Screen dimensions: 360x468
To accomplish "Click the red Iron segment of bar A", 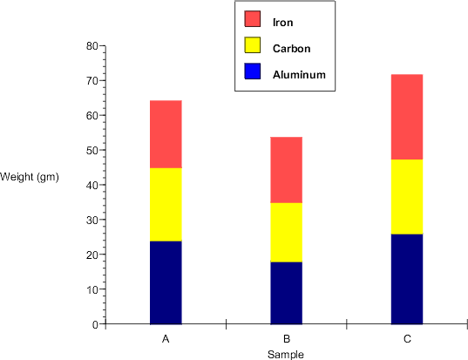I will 166,134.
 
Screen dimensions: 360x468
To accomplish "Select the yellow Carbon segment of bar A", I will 166,205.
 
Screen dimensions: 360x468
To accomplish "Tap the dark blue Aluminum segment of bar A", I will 166,282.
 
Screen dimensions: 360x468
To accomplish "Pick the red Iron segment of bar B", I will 286,170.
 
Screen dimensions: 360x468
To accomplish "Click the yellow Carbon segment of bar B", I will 286,233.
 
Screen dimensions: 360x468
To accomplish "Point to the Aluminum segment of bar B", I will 286,293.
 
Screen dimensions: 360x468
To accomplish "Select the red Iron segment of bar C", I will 406,117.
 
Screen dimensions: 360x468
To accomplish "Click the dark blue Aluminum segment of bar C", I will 406,279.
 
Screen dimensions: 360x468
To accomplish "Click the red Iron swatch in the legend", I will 253,19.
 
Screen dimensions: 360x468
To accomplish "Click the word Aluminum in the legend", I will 299,75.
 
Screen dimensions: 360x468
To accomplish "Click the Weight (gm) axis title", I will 30,177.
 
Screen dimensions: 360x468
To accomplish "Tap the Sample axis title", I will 285,354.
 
